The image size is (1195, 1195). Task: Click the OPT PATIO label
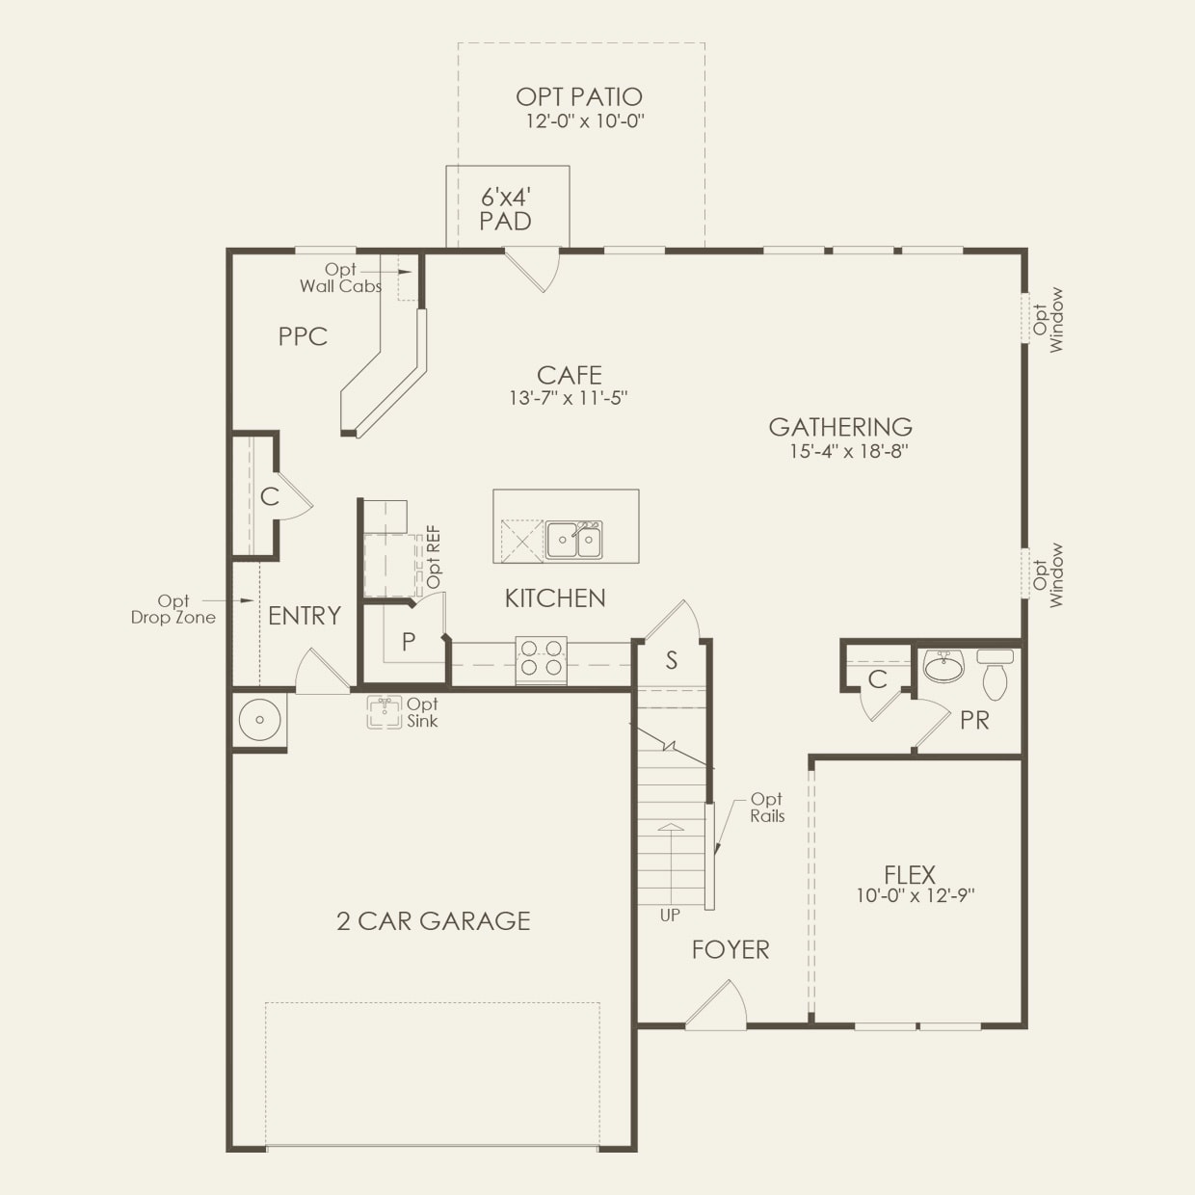(578, 96)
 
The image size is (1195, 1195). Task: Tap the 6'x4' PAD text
(506, 209)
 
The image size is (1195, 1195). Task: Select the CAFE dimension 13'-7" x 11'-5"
(569, 398)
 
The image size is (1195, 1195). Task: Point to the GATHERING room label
(840, 427)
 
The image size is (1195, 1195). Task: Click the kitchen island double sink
(574, 540)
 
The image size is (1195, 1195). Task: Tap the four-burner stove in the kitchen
(541, 658)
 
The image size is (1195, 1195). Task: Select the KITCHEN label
(555, 598)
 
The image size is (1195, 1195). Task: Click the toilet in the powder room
(995, 674)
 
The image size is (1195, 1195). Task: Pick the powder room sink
(943, 666)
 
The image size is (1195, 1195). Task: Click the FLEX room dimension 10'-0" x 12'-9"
(916, 895)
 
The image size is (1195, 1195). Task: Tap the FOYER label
(730, 950)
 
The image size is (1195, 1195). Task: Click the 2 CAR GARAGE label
(434, 921)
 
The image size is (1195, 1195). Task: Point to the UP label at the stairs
(670, 916)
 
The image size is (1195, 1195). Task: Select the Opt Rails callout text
(767, 808)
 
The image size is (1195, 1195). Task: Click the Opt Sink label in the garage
(422, 712)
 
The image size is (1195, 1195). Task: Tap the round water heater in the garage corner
(259, 720)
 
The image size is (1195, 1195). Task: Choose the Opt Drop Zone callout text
(173, 609)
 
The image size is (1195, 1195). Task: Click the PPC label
(303, 336)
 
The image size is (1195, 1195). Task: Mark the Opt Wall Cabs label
(340, 278)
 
